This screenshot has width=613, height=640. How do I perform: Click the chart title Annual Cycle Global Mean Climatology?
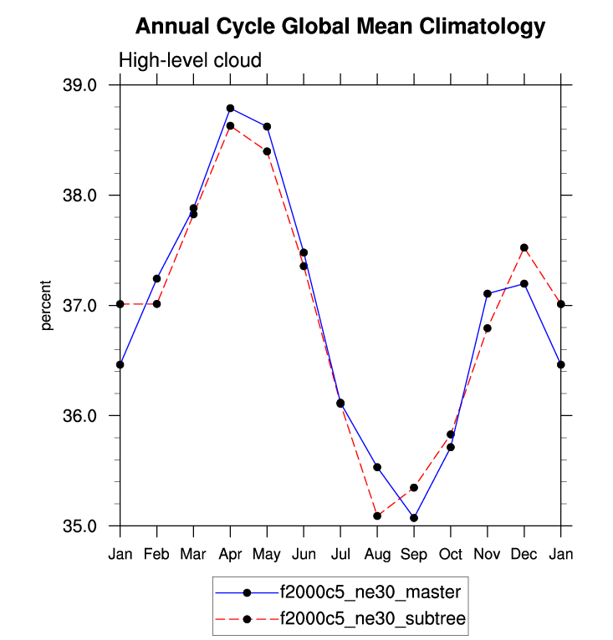coord(340,27)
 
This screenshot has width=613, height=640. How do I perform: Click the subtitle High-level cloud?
coord(191,60)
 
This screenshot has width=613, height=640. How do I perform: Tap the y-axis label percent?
coord(48,306)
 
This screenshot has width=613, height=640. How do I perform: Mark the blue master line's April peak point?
coord(230,109)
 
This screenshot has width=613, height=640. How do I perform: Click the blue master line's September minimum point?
coord(414,518)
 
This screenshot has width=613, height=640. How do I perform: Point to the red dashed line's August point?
coord(377,516)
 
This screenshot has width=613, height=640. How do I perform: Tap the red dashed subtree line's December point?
coord(524,247)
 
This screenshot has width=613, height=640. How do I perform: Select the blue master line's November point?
coord(488,293)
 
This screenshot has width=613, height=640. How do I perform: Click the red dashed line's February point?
coord(156,304)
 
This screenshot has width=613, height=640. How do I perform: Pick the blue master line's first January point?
coord(120,364)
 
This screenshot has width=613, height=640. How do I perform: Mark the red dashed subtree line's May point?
coord(267,151)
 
